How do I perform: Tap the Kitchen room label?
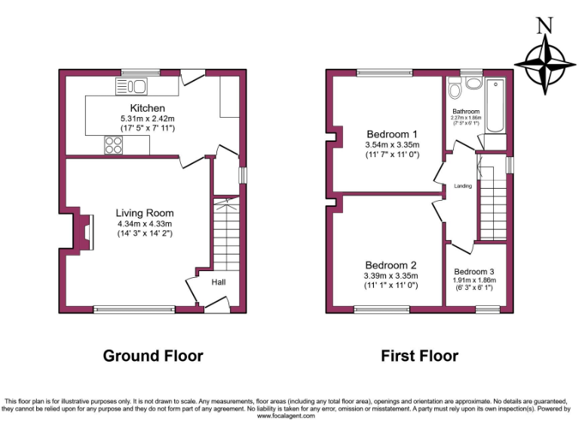[147, 109]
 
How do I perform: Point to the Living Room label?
[145, 213]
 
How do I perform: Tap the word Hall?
[218, 282]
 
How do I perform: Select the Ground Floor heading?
[153, 356]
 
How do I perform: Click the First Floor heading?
[419, 356]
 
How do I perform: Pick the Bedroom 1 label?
[391, 134]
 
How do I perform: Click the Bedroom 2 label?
[391, 265]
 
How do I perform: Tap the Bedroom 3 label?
[474, 271]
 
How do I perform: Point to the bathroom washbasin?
[474, 83]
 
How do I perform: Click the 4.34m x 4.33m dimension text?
[145, 224]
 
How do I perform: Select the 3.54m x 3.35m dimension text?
[391, 144]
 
